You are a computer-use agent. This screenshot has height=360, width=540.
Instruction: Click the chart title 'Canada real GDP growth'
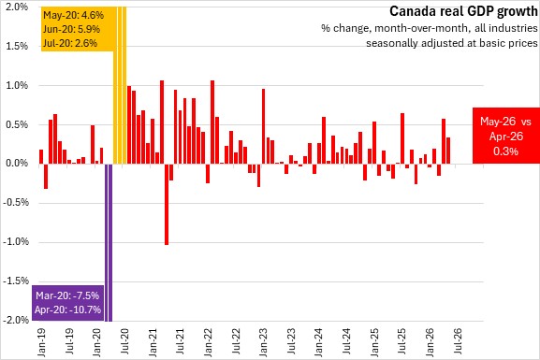pos(463,11)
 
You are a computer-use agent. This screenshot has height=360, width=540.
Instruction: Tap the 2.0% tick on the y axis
pos(17,7)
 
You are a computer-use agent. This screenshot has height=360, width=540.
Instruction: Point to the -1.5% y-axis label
pos(16,281)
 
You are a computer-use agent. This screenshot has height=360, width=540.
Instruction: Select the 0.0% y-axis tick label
pos(17,163)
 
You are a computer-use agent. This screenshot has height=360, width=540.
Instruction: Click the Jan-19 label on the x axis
pos(41,343)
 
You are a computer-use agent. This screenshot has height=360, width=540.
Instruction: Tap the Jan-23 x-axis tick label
pos(263,343)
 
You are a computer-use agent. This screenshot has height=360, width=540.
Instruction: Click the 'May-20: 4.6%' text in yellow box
pos(73,15)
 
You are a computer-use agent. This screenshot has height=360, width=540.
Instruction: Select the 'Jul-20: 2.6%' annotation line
pos(70,43)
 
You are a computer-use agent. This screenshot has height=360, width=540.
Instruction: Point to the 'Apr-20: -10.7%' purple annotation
pos(67,310)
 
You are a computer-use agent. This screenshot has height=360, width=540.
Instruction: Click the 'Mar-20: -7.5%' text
pos(67,295)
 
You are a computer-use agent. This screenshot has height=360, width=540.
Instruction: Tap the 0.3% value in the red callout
pos(505,151)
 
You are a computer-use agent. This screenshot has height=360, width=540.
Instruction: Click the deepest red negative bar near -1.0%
pos(167,204)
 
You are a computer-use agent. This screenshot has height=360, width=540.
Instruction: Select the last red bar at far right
pos(448,151)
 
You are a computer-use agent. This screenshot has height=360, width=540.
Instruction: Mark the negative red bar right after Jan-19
pos(46,176)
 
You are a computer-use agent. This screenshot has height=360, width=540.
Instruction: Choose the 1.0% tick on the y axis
pos(17,85)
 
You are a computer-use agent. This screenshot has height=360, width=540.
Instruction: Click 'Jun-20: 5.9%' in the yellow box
pos(72,29)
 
